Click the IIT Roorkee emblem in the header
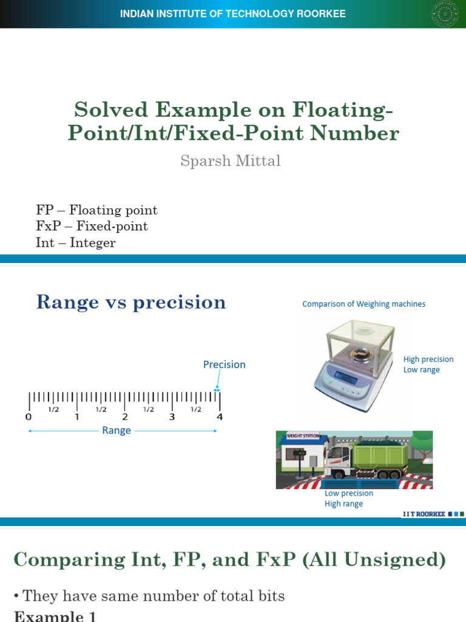pyautogui.click(x=445, y=14)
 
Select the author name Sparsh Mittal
pyautogui.click(x=231, y=161)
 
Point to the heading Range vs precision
pyautogui.click(x=131, y=302)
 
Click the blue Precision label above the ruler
pyautogui.click(x=224, y=364)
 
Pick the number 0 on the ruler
pyautogui.click(x=29, y=417)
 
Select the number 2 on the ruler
pyautogui.click(x=124, y=417)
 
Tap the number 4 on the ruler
pyautogui.click(x=220, y=417)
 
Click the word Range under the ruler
pyautogui.click(x=116, y=431)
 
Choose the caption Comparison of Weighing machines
pyautogui.click(x=363, y=304)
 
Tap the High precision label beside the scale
pyautogui.click(x=428, y=360)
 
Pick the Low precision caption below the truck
pyautogui.click(x=349, y=493)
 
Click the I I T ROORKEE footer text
pyautogui.click(x=424, y=514)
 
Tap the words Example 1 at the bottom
pyautogui.click(x=55, y=616)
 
